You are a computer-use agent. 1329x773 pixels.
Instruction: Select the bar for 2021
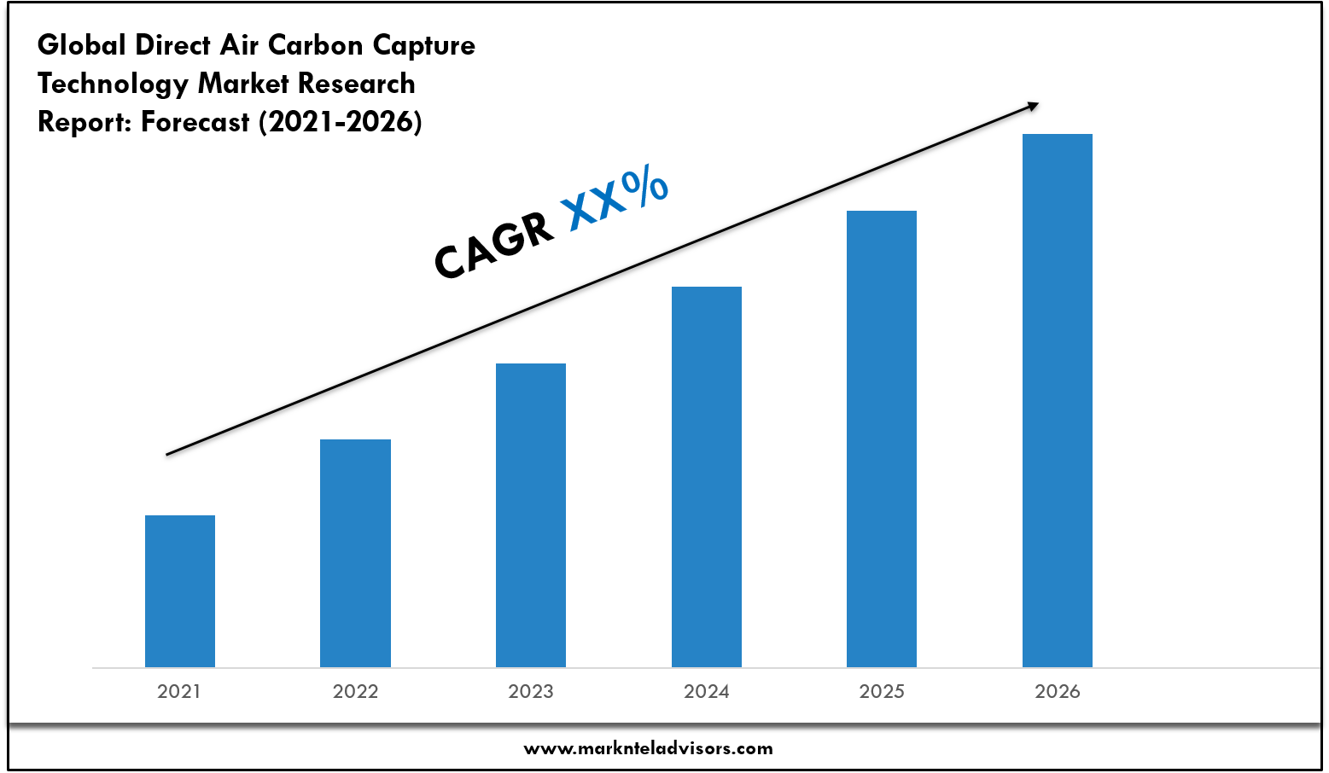(x=180, y=590)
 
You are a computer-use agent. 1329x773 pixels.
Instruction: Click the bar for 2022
(x=355, y=553)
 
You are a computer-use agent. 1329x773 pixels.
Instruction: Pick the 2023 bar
(x=531, y=514)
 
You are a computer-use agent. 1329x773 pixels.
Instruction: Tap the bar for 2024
(x=707, y=476)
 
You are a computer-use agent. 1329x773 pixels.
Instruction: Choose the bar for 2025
(x=882, y=439)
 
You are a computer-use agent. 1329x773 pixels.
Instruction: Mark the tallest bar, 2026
(x=1058, y=400)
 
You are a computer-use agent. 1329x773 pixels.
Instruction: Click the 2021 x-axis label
(x=179, y=692)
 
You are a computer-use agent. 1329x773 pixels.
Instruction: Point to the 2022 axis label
(x=355, y=692)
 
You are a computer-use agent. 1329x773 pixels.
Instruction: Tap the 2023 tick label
(x=531, y=692)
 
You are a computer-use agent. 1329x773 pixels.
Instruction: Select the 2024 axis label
(x=707, y=692)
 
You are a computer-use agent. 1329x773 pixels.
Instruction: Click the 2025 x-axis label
(x=882, y=692)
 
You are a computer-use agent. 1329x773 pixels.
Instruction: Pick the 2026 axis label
(x=1058, y=692)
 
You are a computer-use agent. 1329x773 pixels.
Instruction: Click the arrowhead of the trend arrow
(x=1033, y=105)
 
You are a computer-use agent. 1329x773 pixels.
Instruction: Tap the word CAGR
(x=493, y=245)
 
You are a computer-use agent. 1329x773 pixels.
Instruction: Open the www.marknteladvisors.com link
(x=648, y=749)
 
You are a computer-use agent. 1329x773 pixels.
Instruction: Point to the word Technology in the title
(x=113, y=84)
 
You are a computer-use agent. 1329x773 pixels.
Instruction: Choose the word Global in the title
(x=82, y=45)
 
